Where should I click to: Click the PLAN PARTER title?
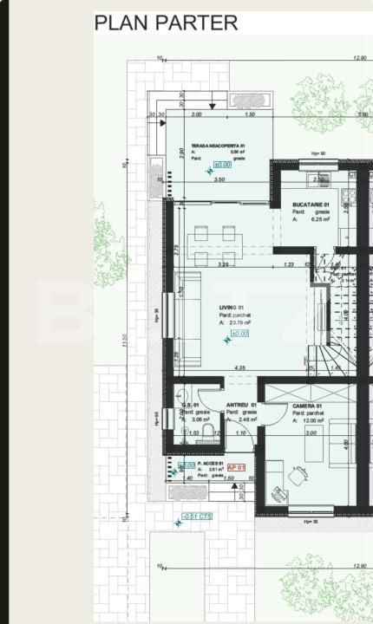point(166,23)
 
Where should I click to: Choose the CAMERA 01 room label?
point(307,406)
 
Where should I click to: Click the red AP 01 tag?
point(237,467)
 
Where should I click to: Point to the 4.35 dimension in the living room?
point(239,367)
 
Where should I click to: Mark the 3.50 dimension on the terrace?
point(219,179)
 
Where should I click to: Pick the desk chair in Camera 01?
point(300,474)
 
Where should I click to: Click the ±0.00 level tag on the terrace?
point(222,163)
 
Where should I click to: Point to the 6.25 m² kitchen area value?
point(316,219)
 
